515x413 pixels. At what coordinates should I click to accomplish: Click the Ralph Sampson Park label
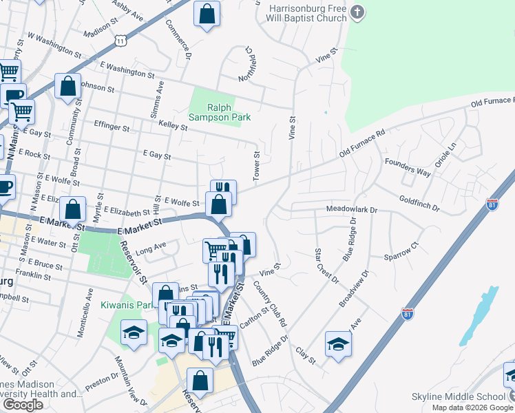(229, 112)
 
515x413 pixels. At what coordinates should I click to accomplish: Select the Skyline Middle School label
(458, 397)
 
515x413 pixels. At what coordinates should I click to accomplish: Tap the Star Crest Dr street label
(326, 266)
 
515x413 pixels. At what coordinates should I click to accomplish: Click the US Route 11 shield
(121, 41)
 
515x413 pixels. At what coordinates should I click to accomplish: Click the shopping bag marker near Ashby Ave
(207, 14)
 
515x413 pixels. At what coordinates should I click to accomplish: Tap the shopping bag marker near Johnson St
(67, 87)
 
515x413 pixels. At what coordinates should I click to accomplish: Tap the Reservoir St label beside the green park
(133, 262)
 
